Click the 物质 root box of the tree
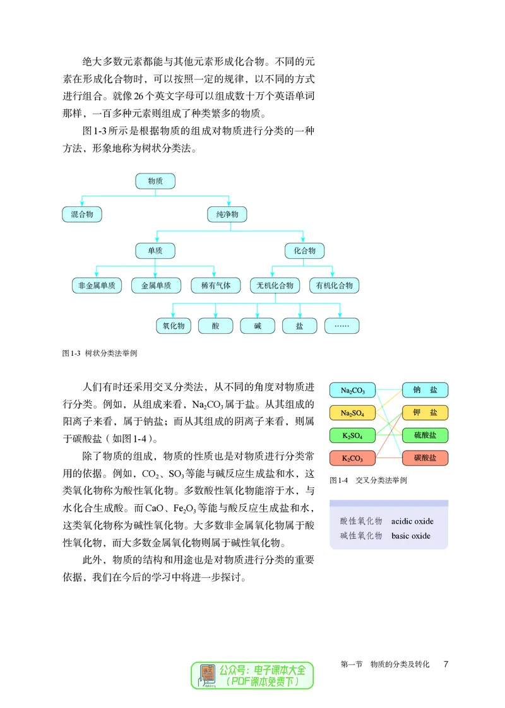tap(155, 181)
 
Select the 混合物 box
tap(82, 215)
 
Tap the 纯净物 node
tap(227, 215)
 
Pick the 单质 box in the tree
tap(155, 251)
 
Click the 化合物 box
tap(304, 251)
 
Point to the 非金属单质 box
tap(97, 285)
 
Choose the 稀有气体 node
tap(216, 285)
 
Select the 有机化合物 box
tap(335, 285)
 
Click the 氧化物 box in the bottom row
tap(173, 326)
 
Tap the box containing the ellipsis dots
tap(342, 326)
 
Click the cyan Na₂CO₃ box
tap(353, 391)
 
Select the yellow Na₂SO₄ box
tap(353, 413)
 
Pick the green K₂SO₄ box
tap(353, 435)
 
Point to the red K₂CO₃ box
tap(353, 457)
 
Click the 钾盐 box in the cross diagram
tap(425, 413)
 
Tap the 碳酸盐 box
tap(425, 457)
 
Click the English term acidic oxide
tap(412, 521)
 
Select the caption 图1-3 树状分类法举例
tap(99, 354)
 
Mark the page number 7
tap(446, 664)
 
